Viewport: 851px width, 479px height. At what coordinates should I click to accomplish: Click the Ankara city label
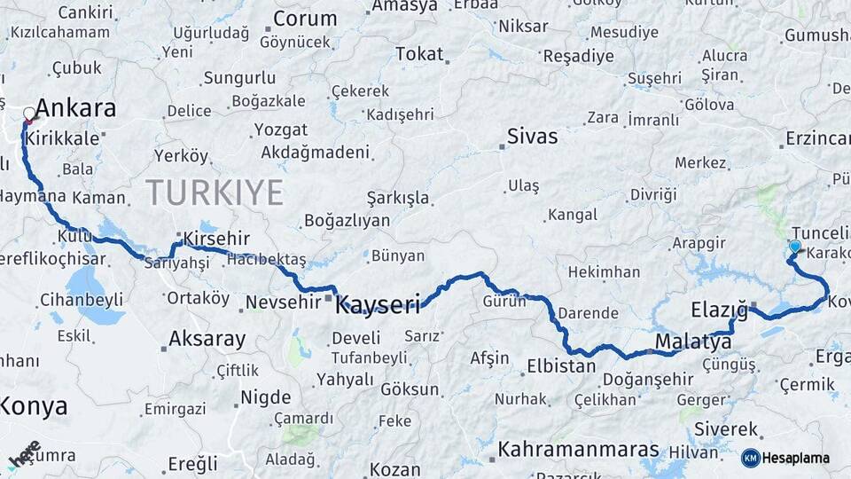75,109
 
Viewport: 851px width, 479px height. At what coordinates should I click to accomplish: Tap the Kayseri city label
379,306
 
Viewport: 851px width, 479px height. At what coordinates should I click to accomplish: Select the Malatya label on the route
693,342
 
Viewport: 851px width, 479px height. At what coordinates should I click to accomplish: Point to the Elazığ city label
719,310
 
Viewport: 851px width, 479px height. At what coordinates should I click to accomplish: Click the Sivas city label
533,137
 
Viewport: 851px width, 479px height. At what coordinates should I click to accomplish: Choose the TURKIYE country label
215,192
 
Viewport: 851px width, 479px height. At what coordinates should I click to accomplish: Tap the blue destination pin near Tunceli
795,248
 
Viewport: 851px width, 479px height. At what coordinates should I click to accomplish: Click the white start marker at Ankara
29,114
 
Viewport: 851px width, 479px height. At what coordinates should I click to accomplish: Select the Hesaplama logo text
795,458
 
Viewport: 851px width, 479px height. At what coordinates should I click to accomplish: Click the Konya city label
34,406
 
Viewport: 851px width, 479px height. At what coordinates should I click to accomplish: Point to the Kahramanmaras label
578,450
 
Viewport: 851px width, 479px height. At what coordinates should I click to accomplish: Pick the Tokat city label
419,54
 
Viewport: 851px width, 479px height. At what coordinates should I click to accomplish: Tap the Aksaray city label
207,339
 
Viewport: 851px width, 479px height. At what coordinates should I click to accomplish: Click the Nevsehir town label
282,303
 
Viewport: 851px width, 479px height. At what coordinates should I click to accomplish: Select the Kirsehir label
216,239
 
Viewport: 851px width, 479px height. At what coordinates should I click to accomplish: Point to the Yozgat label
280,130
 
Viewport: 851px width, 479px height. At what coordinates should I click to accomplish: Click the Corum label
305,19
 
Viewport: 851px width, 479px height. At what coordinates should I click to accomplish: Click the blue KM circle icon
751,458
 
